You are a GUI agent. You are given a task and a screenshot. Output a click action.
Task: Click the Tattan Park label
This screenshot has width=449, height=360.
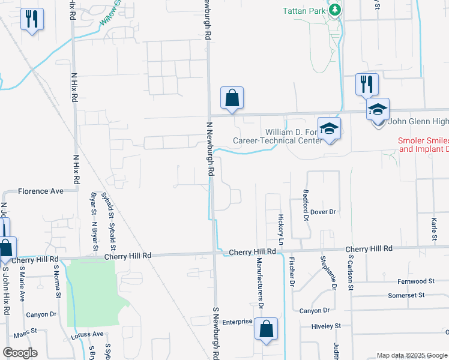click(x=304, y=11)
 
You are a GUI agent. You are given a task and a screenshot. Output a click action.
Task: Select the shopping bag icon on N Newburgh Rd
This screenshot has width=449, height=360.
click(x=232, y=98)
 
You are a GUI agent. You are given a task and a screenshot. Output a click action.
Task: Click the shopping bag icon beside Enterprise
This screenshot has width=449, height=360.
click(x=266, y=329)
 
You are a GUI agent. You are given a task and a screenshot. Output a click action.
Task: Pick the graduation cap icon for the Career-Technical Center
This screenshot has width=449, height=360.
click(x=328, y=129)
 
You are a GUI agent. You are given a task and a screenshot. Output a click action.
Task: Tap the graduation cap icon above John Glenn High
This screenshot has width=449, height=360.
click(x=378, y=110)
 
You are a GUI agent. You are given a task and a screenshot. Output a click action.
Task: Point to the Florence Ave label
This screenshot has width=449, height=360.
click(x=40, y=191)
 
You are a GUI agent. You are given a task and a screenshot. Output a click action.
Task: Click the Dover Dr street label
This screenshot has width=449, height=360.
click(x=322, y=212)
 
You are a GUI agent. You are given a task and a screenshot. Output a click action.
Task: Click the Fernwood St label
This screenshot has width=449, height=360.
click(x=415, y=281)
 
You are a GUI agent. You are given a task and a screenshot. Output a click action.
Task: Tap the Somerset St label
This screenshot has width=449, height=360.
click(x=406, y=295)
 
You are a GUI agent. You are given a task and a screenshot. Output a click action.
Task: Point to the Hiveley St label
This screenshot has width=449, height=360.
click(x=326, y=326)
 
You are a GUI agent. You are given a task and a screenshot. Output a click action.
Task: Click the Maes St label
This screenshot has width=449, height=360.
click(x=26, y=330)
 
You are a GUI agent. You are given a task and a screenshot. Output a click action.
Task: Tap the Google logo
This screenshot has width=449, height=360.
click(x=20, y=353)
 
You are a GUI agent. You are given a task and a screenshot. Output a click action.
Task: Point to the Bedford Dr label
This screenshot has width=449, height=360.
click(x=305, y=206)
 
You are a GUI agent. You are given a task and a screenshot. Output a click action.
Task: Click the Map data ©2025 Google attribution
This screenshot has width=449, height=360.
click(x=411, y=355)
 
